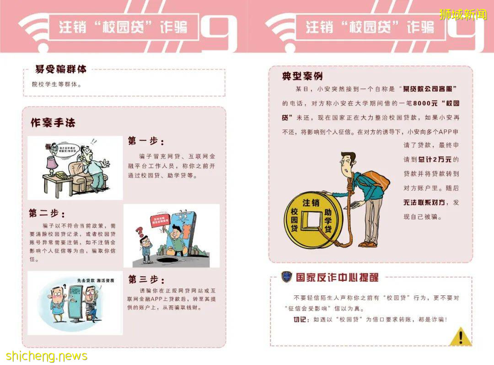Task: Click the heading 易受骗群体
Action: tap(60, 70)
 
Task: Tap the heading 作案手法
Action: tap(53, 123)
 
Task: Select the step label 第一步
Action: tap(145, 141)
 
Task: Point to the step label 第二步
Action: tap(47, 213)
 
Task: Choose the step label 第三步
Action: tap(146, 279)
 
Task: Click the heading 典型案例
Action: tap(302, 76)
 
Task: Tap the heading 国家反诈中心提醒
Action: tap(337, 277)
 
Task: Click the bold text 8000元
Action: tap(415, 103)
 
